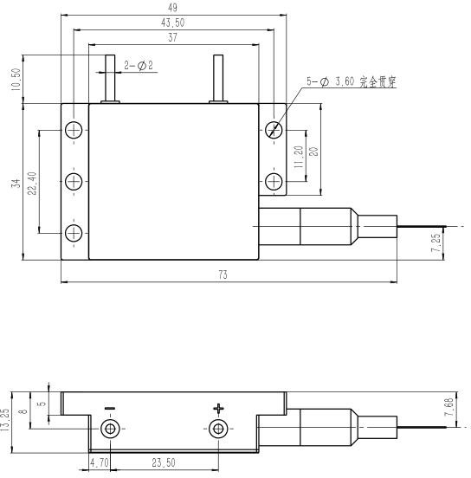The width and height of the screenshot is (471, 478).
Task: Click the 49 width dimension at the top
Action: click(172, 8)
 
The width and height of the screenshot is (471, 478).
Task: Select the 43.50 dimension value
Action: click(172, 23)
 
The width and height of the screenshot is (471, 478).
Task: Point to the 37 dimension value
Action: click(172, 37)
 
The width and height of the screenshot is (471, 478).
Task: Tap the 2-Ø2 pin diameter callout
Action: click(139, 66)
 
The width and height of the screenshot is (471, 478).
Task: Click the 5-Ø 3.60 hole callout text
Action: click(352, 81)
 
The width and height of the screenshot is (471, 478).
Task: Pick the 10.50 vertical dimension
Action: click(16, 80)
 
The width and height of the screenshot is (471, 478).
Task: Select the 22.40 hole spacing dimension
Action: click(32, 184)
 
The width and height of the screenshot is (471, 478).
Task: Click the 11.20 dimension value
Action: click(299, 157)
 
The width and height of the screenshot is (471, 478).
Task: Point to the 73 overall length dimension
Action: click(223, 275)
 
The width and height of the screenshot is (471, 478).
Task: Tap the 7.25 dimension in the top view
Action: click(436, 242)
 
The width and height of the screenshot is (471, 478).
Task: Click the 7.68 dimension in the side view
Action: click(449, 407)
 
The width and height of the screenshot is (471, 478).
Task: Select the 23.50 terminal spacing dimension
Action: click(164, 462)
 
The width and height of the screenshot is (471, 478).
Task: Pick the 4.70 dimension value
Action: click(99, 462)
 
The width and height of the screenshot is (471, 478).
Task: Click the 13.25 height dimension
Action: click(5, 420)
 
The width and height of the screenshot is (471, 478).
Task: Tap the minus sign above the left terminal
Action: click(110, 408)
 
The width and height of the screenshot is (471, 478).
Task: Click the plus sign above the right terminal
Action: click(218, 409)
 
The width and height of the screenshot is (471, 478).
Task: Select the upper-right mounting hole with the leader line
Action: click(274, 130)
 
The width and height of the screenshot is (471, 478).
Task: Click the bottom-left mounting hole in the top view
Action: click(74, 233)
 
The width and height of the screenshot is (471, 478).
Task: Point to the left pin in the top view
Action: click(110, 79)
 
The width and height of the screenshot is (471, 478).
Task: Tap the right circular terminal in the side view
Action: click(218, 429)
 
